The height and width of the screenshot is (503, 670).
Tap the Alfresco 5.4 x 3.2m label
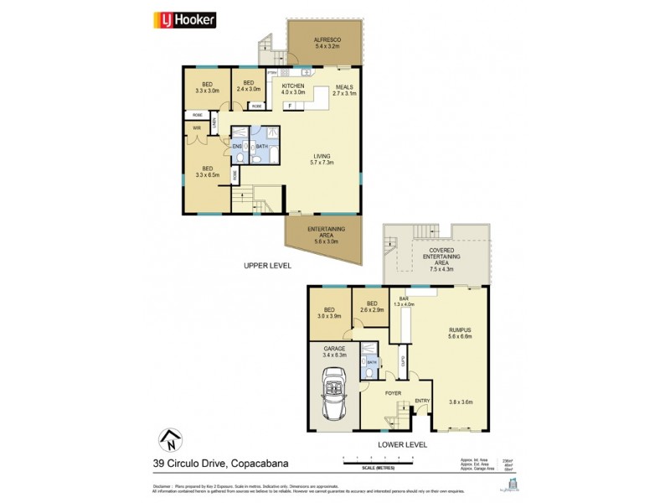coord(326,42)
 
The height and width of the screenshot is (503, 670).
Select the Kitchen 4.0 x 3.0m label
coord(293,89)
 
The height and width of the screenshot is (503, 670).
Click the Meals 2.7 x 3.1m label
coord(344,90)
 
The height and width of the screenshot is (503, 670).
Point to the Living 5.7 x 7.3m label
coord(322,159)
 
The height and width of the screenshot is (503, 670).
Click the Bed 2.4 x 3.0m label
coord(248,86)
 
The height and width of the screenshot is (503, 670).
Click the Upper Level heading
coord(266,265)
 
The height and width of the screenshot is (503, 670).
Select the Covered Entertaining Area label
coord(441,260)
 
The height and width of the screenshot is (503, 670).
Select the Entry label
coord(422,400)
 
